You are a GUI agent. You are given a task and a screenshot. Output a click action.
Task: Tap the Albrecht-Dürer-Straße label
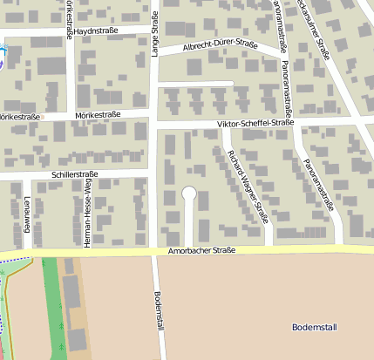coord(221,45)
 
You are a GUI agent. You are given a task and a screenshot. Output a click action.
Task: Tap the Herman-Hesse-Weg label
coord(87,214)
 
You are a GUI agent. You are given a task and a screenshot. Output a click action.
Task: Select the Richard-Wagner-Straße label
coord(246,188)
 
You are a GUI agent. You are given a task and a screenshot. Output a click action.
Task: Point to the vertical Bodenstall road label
coord(159,310)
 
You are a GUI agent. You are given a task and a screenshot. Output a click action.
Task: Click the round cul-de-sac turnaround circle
coord(189,194)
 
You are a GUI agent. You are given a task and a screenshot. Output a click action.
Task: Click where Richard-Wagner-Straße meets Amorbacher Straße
coord(269,249)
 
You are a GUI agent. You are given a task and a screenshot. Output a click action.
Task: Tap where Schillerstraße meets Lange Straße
coord(154,173)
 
